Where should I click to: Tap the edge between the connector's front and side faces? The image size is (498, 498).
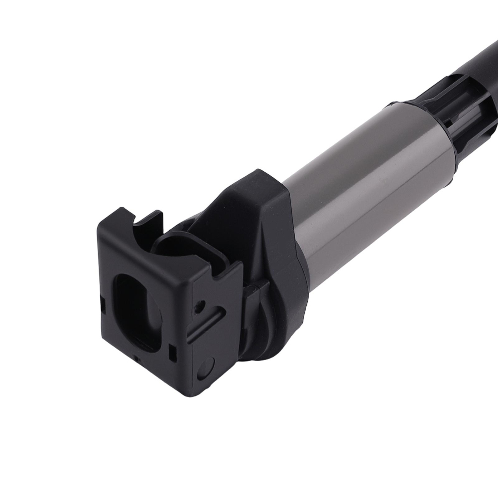coord(189,324)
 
